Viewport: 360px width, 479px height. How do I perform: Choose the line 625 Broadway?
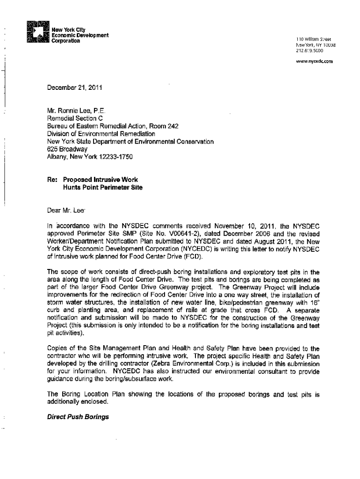coord(64,149)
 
